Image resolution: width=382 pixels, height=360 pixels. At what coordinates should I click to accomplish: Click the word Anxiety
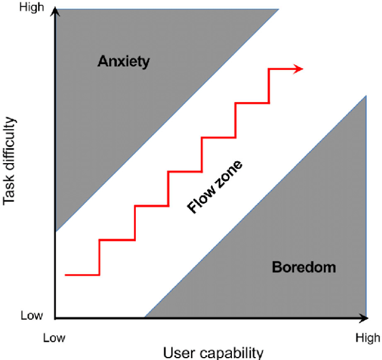point(123,62)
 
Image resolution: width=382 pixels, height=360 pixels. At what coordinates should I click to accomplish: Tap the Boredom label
point(304,267)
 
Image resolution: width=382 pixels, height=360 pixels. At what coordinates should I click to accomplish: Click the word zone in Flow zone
point(230,174)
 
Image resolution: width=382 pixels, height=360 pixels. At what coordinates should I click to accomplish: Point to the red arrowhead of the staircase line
point(298,69)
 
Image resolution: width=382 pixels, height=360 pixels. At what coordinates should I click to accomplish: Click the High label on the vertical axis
point(31,7)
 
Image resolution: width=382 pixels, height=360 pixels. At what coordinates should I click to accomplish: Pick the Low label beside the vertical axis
point(31,316)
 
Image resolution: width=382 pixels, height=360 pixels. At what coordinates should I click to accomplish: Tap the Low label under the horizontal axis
point(54,338)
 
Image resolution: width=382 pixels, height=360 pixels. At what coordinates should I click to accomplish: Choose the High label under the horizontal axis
point(368,338)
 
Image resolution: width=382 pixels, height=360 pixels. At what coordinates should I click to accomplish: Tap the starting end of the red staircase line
point(65,275)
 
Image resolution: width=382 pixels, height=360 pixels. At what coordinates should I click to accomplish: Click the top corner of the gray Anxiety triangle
point(279,9)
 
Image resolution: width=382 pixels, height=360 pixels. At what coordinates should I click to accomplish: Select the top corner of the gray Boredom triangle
point(366,95)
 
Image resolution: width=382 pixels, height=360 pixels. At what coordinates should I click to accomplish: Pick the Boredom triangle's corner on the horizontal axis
point(145,317)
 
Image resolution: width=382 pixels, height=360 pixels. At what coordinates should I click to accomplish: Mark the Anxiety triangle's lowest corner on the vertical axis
point(56,232)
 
